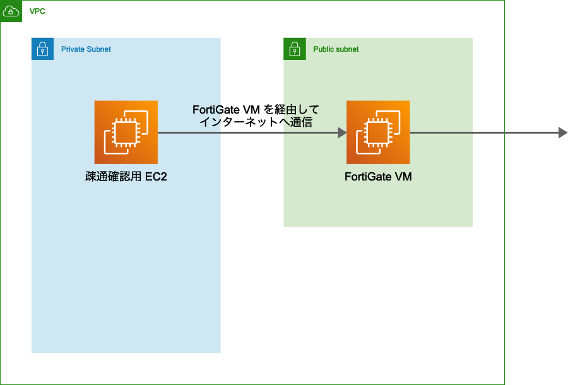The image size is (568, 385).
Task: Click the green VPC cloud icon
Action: coord(11,11)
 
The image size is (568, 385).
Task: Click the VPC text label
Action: coord(37,12)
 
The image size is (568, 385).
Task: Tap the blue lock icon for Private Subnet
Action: coord(42,49)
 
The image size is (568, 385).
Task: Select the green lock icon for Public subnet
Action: coord(295,49)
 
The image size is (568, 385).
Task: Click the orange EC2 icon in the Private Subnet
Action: coord(126,133)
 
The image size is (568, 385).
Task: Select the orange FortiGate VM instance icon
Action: coord(378,133)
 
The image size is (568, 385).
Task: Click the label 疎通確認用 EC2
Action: coord(126,177)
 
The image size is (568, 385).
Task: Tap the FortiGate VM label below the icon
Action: coord(378,177)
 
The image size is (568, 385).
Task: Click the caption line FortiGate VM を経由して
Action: coord(256,110)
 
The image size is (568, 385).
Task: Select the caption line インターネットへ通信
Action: coord(256,122)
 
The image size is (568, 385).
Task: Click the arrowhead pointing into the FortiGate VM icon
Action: coord(343,133)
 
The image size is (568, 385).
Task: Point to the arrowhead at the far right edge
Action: coord(563,133)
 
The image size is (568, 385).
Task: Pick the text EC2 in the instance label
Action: coord(156,177)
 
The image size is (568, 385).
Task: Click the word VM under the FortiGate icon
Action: coord(403,177)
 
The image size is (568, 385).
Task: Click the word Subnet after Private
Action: coord(99,49)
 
